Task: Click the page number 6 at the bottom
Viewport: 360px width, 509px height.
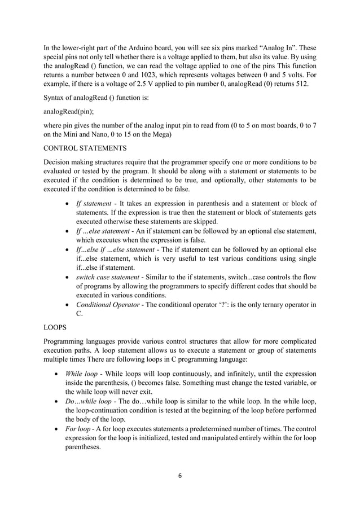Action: (179, 476)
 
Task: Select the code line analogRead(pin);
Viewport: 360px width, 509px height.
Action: (68, 111)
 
